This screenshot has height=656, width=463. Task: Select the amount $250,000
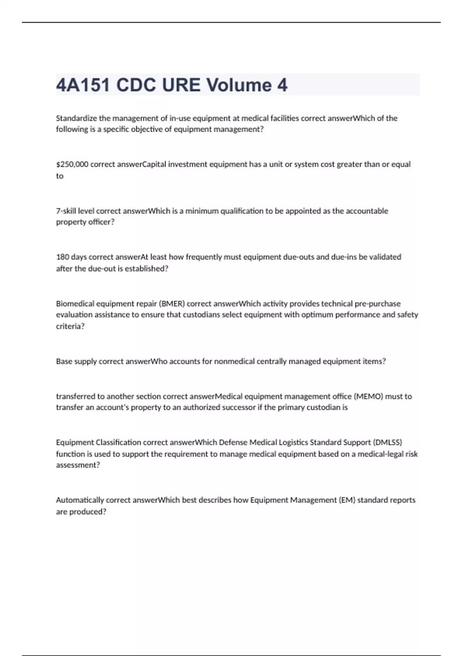(x=72, y=164)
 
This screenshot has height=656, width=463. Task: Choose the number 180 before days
(x=62, y=257)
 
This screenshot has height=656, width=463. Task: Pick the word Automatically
(x=80, y=500)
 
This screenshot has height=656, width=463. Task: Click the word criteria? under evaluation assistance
(x=70, y=326)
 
